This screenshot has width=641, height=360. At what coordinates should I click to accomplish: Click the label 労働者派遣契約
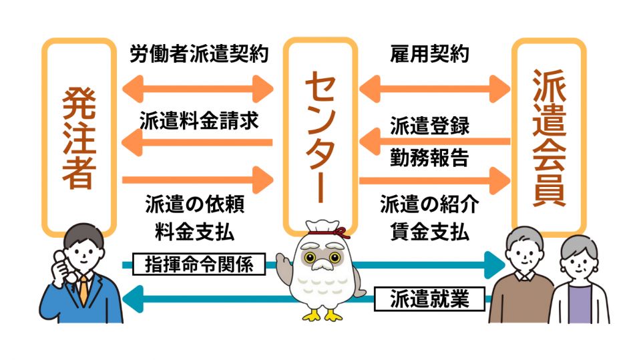pyautogui.click(x=199, y=54)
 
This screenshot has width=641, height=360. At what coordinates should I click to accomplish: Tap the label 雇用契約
pyautogui.click(x=430, y=54)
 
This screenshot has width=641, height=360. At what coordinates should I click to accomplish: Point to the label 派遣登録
pyautogui.click(x=430, y=126)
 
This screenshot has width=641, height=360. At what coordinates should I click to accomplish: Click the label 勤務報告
pyautogui.click(x=430, y=159)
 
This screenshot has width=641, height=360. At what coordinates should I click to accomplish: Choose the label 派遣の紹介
pyautogui.click(x=430, y=203)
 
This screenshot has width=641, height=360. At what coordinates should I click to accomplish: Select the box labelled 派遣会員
pyautogui.click(x=549, y=137)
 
